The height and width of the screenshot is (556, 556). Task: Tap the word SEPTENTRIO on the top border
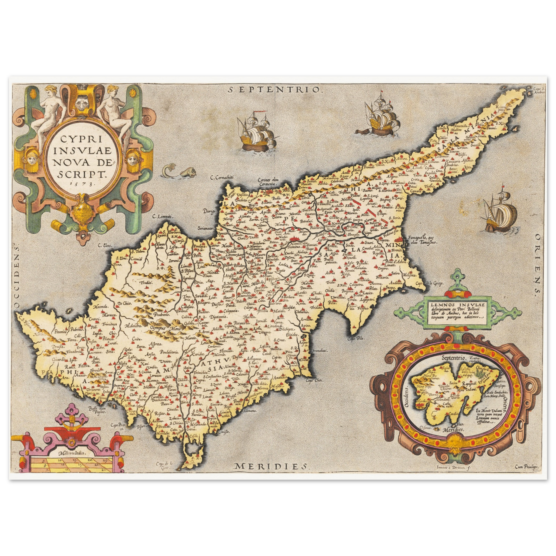click(274, 90)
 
